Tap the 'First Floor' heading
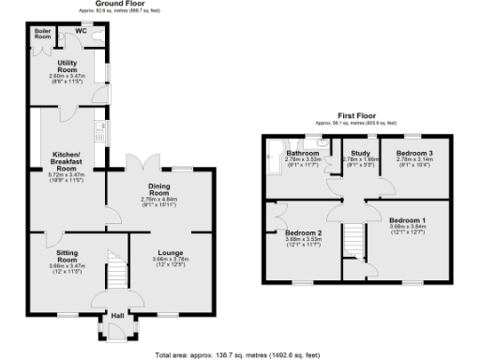pos(357,117)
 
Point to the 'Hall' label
pos(117,316)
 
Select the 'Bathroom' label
pos(303,153)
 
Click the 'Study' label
pos(359,153)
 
